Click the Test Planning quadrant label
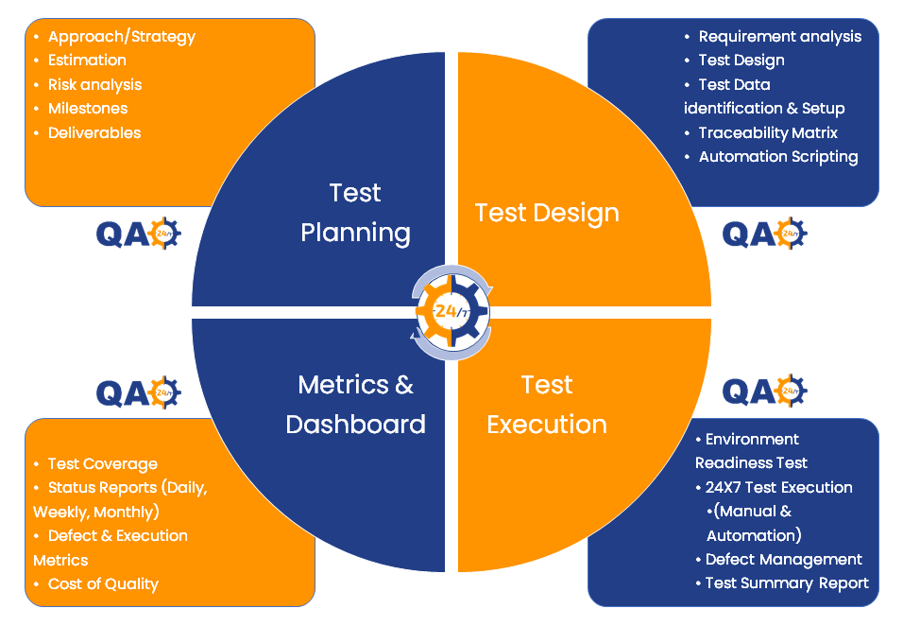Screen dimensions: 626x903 click(x=355, y=213)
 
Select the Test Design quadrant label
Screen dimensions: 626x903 click(x=547, y=213)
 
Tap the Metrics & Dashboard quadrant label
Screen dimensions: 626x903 click(x=355, y=404)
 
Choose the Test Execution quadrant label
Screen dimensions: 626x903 click(x=547, y=404)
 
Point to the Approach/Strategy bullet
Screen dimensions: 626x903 click(x=121, y=37)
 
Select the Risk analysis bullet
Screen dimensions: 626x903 click(x=94, y=84)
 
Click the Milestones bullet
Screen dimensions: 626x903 click(x=88, y=109)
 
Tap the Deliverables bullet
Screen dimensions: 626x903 click(x=94, y=133)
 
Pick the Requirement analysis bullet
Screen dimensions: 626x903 click(x=779, y=37)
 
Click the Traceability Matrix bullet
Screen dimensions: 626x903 click(x=767, y=133)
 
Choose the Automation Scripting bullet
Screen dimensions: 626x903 click(x=777, y=157)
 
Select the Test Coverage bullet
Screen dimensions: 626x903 click(x=102, y=464)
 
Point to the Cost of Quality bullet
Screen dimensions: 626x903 click(x=103, y=584)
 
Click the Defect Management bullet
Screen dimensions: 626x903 click(x=783, y=560)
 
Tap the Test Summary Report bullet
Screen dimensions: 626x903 click(x=786, y=583)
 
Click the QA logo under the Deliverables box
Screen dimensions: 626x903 click(x=139, y=233)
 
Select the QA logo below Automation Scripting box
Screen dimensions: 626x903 click(x=765, y=233)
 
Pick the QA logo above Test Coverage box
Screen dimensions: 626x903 click(x=139, y=391)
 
